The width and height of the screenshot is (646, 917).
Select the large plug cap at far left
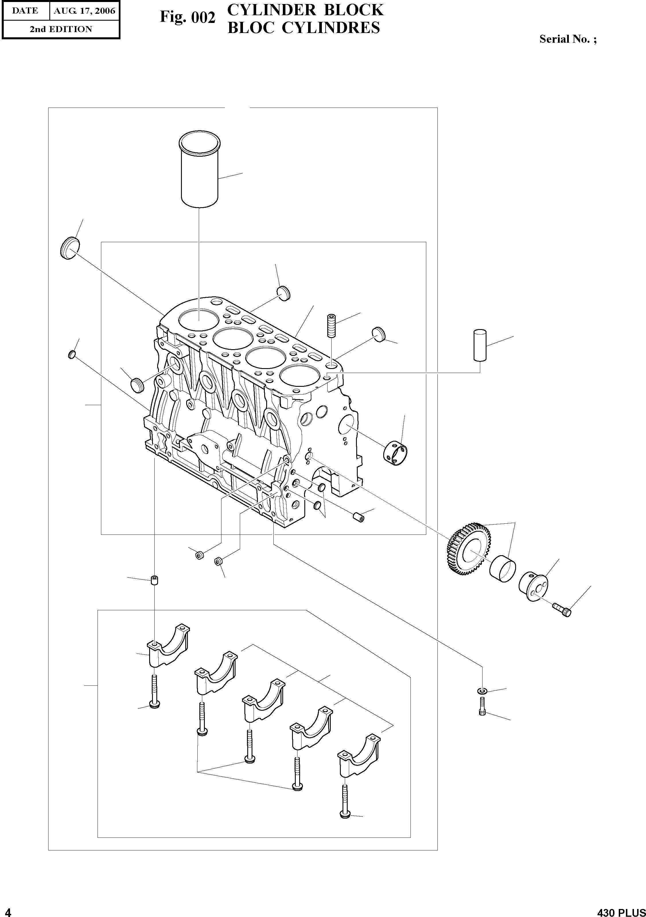tap(70, 248)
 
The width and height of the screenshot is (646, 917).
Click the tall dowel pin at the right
tap(480, 345)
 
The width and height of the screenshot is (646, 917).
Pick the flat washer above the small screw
tap(482, 691)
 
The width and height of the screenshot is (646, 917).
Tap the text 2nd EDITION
tap(61, 29)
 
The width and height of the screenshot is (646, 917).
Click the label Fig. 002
tap(188, 17)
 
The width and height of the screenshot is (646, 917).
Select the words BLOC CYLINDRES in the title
tap(303, 28)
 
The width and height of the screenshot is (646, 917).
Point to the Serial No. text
tap(568, 39)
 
